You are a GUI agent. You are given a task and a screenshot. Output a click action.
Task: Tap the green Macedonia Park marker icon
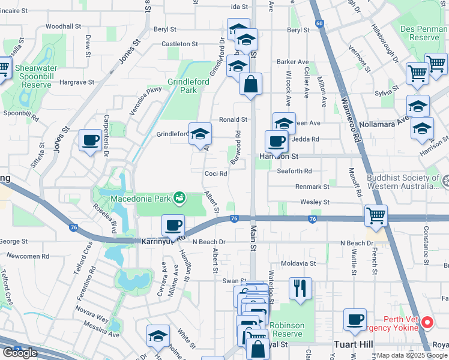179,197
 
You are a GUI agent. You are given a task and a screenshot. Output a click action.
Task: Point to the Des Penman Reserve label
417,32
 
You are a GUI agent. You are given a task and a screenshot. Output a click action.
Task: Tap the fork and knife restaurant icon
300,288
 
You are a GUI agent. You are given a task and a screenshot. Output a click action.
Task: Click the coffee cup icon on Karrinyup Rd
173,226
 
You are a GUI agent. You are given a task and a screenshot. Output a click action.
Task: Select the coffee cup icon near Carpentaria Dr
91,141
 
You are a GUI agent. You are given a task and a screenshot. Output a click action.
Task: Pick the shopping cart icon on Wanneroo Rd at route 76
376,215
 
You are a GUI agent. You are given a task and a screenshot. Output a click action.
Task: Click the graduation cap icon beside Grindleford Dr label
200,134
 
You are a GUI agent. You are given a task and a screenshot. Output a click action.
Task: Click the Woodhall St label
63,26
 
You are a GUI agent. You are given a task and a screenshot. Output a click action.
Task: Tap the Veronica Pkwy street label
147,98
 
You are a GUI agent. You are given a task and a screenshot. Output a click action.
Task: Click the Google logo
20,352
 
